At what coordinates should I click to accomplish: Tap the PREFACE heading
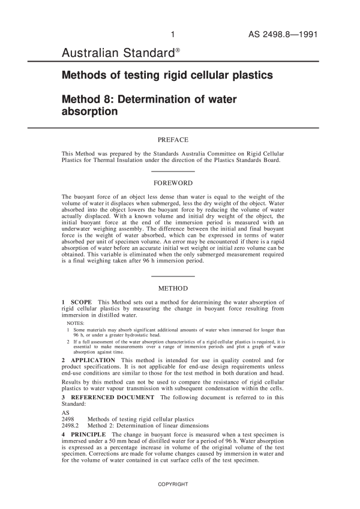173,140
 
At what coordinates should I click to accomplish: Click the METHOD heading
173,288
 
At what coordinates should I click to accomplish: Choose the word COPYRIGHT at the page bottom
173,483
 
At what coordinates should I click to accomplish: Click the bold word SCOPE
82,301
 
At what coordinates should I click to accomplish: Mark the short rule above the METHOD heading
173,276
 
